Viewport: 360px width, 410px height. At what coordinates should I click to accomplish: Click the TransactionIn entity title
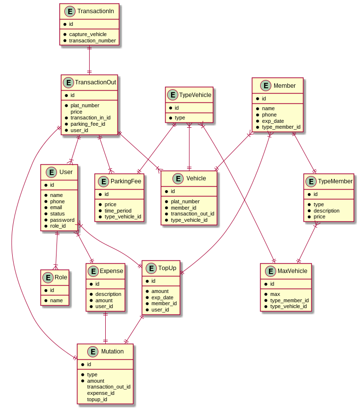[x=95, y=11]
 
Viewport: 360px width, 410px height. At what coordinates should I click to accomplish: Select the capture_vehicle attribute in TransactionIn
[x=88, y=34]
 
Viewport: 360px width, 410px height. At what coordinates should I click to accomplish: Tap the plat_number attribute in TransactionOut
[x=85, y=105]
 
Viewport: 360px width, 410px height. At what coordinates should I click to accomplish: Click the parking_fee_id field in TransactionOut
[x=88, y=124]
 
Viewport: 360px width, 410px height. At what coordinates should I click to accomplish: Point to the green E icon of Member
[x=266, y=86]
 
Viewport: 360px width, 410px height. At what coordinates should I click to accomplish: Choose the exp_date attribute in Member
[x=273, y=121]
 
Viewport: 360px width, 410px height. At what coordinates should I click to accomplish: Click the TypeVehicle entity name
[x=195, y=95]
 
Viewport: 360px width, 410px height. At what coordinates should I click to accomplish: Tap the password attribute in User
[x=62, y=220]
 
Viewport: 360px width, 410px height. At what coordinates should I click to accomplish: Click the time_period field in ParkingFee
[x=118, y=210]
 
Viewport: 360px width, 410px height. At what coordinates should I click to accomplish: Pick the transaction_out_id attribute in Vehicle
[x=192, y=214]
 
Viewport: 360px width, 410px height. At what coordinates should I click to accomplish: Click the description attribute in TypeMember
[x=326, y=211]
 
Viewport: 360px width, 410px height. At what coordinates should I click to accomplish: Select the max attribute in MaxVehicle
[x=275, y=294]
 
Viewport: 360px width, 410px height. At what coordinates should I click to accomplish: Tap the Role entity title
[x=61, y=277]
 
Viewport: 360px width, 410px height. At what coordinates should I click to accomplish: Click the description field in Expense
[x=108, y=294]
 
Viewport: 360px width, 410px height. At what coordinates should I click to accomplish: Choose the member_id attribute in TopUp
[x=164, y=303]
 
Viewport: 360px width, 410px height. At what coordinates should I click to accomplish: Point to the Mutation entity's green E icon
[x=93, y=351]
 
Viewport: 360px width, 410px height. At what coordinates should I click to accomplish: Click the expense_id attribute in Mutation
[x=101, y=393]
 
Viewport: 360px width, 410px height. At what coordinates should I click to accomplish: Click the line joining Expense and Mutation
[x=105, y=327]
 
